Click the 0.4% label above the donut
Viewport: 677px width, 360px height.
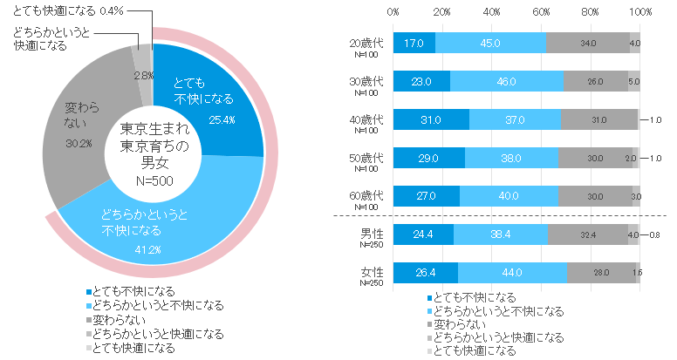click(111, 10)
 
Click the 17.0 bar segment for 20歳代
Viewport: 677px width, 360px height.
click(414, 42)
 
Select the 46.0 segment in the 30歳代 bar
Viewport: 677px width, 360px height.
click(506, 81)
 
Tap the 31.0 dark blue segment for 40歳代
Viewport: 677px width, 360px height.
click(431, 119)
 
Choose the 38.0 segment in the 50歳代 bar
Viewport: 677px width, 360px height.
click(510, 158)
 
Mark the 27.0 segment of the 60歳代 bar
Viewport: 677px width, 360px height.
click(426, 196)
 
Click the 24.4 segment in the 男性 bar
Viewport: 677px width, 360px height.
click(422, 234)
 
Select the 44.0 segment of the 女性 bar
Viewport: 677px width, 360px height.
click(512, 272)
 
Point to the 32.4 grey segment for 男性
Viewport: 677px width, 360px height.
click(587, 234)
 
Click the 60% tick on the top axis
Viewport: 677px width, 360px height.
click(541, 12)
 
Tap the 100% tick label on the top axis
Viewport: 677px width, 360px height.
click(640, 12)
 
